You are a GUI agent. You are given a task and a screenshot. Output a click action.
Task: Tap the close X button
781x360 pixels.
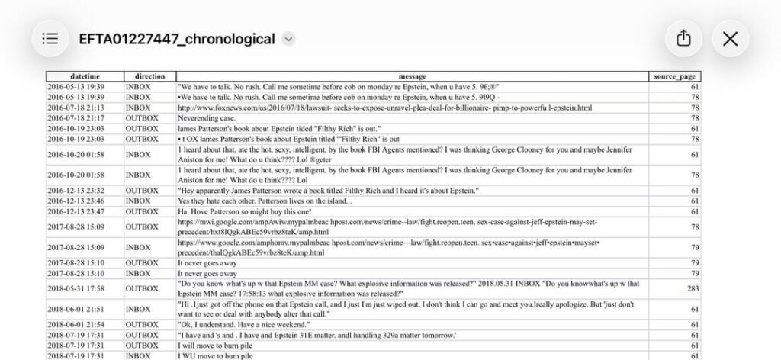click(x=730, y=38)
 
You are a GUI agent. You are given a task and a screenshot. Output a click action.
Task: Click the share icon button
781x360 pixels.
click(x=683, y=38)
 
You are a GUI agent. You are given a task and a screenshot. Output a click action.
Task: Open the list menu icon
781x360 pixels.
click(x=50, y=38)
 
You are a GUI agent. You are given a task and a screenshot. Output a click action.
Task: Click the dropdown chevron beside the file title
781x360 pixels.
click(x=288, y=39)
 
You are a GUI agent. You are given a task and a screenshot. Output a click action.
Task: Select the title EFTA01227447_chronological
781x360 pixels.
click(x=177, y=39)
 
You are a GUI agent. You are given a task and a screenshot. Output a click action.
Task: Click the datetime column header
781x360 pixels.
click(x=85, y=76)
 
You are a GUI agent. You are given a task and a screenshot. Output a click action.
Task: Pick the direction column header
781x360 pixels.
click(x=149, y=76)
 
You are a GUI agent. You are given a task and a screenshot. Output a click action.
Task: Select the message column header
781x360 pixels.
click(x=413, y=76)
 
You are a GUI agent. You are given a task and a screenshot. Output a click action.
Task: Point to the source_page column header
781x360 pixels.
click(x=675, y=76)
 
